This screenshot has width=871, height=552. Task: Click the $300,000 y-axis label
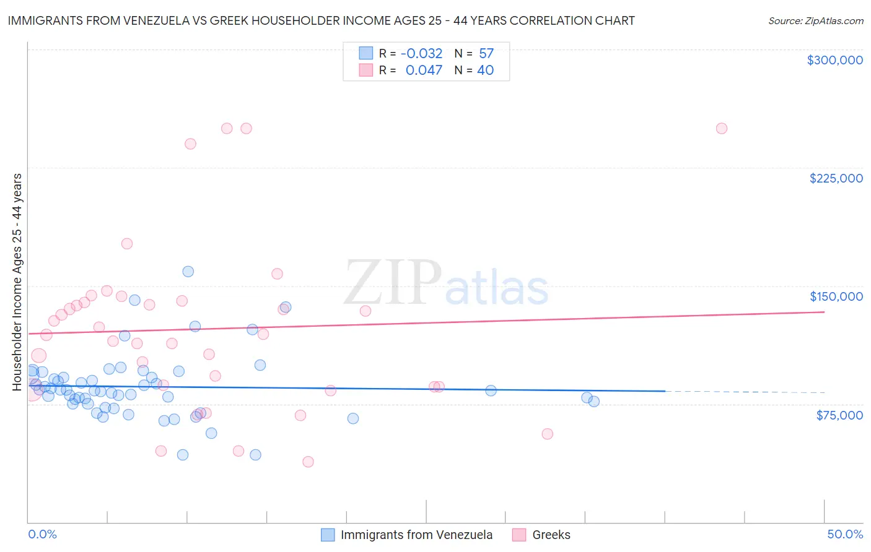coord(834,60)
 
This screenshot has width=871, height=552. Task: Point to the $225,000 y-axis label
coord(836,178)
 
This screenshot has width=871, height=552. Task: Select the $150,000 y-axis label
coord(836,296)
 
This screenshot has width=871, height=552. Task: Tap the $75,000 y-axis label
coord(839,415)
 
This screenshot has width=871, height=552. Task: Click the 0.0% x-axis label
coord(42,534)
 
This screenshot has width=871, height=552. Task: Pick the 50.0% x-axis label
coord(845,534)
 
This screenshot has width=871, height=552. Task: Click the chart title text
coord(321,20)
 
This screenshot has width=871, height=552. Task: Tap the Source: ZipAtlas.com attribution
coord(815,21)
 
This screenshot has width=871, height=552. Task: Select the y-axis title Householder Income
coord(17,282)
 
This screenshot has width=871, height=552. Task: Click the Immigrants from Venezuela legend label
coord(416,535)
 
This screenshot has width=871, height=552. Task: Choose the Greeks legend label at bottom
coord(551,535)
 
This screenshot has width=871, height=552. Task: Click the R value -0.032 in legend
coord(421,54)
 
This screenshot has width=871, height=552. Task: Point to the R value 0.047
coord(424,71)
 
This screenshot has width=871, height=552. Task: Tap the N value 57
coord(486,54)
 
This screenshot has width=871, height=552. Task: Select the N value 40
coord(485,71)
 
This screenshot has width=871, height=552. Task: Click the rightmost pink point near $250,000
coord(721,129)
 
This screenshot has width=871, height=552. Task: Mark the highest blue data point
coord(188,272)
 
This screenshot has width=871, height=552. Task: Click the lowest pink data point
coord(308,462)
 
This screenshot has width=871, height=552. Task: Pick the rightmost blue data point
coord(594,402)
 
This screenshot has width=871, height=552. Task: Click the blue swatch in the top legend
coord(365,54)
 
